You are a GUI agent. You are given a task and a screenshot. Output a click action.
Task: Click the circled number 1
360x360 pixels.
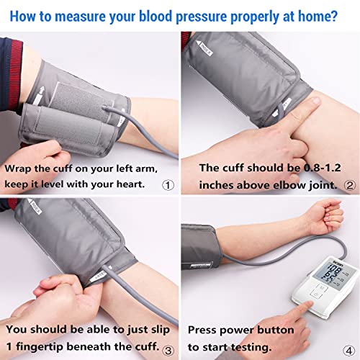coord(168,184)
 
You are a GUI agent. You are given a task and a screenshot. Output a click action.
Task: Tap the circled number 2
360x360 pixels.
coord(351,184)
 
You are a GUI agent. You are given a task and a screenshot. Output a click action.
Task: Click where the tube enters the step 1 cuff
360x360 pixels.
coord(109,109)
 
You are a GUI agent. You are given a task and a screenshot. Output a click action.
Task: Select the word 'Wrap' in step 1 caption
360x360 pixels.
coord(19,167)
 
